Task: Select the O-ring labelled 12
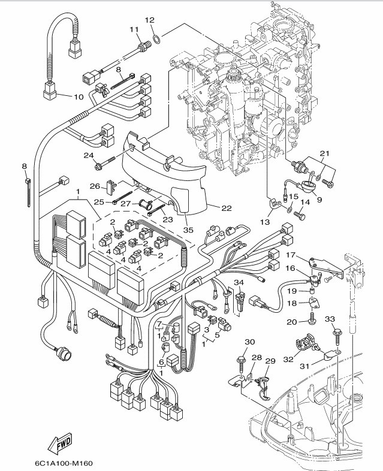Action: (x=155, y=40)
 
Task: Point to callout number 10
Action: (x=79, y=96)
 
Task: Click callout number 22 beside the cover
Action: (x=226, y=208)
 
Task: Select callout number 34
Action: (x=239, y=282)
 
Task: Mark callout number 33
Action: (x=329, y=318)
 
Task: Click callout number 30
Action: (x=249, y=342)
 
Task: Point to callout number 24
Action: (x=89, y=155)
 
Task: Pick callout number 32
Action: (x=288, y=360)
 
